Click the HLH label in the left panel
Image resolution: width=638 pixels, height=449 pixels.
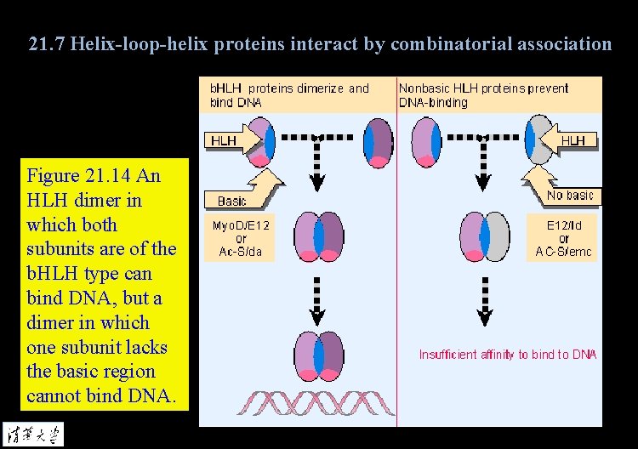(223, 140)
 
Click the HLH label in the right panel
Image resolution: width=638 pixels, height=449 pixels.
(574, 140)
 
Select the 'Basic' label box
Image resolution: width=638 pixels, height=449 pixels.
(232, 201)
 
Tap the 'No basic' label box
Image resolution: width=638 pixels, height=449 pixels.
(570, 196)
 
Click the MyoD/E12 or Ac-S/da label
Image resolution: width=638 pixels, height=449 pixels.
(241, 238)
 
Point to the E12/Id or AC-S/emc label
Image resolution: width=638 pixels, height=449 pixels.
(564, 238)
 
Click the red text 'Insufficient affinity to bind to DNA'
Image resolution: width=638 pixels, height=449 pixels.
(508, 354)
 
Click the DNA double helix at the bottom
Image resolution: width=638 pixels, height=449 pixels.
(317, 403)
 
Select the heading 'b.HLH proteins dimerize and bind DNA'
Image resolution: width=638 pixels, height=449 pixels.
(289, 94)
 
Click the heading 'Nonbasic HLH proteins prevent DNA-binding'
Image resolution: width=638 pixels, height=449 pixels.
(483, 94)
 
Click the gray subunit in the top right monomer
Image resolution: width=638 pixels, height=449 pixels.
(543, 140)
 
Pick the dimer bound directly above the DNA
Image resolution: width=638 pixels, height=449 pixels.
(317, 356)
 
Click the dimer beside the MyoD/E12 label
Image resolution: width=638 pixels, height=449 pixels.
(317, 237)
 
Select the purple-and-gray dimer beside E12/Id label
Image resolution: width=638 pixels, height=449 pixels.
(484, 237)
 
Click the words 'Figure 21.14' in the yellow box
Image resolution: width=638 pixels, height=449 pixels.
(81, 176)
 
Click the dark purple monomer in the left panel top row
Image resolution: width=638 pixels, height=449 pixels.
(379, 140)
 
